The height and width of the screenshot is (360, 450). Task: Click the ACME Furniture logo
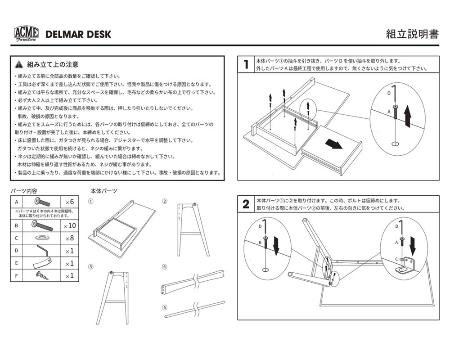click(26, 34)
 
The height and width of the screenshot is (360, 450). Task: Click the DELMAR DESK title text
click(78, 34)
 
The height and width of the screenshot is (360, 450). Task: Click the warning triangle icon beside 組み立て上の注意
click(18, 64)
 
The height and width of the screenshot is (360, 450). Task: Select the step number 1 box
click(246, 65)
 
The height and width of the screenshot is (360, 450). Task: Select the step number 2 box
click(246, 204)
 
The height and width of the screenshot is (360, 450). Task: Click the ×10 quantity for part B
click(69, 226)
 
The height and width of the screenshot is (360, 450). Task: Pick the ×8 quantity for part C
click(69, 238)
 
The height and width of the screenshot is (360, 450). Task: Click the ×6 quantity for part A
click(69, 201)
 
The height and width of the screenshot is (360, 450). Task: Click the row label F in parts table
click(16, 275)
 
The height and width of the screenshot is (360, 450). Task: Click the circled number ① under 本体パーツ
click(90, 201)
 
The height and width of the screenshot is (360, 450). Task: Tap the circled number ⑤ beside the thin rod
click(165, 308)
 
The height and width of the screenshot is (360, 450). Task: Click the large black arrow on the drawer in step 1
click(333, 144)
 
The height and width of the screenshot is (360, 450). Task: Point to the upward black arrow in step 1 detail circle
click(407, 115)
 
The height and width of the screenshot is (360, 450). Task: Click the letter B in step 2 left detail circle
click(260, 242)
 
